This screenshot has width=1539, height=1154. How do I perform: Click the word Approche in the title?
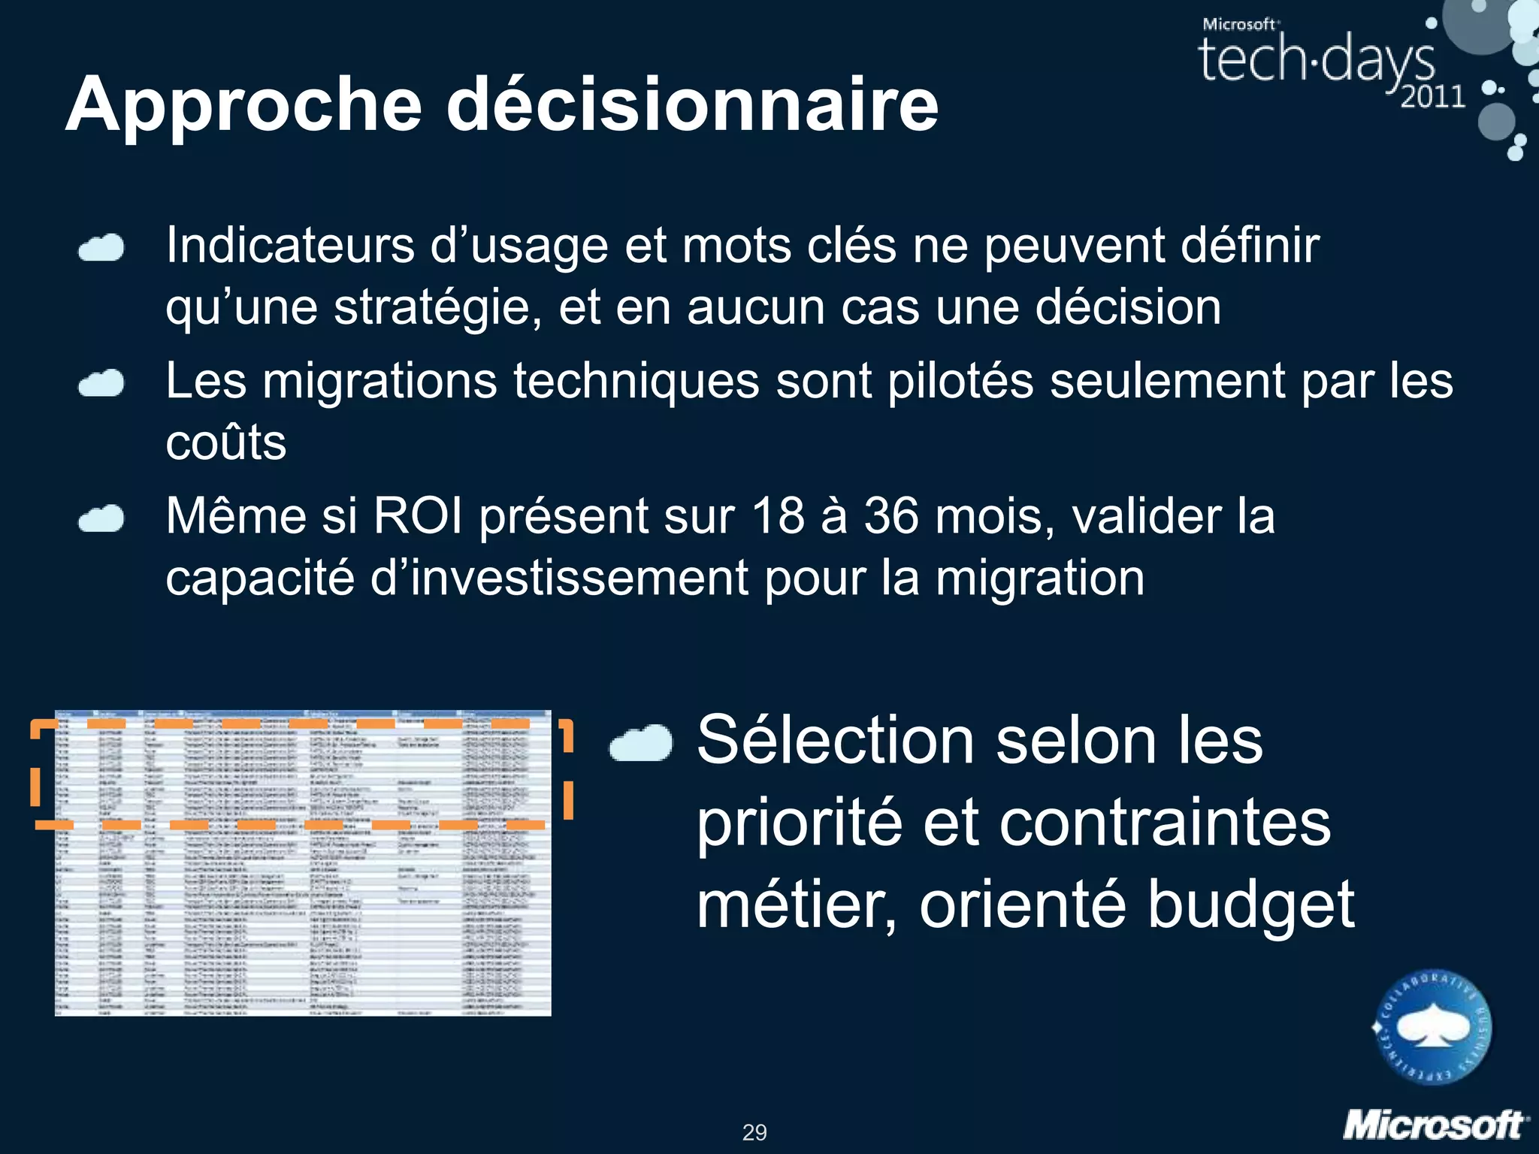(244, 105)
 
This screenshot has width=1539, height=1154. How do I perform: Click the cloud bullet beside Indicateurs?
(101, 248)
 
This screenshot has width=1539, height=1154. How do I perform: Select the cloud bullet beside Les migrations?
(101, 383)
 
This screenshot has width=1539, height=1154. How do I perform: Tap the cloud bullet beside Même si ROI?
(101, 518)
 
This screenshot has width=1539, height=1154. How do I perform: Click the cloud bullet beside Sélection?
(641, 744)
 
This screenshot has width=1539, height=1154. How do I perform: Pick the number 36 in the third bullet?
(891, 516)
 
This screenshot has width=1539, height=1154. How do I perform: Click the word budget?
(1250, 905)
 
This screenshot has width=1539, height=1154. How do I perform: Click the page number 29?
(754, 1132)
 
